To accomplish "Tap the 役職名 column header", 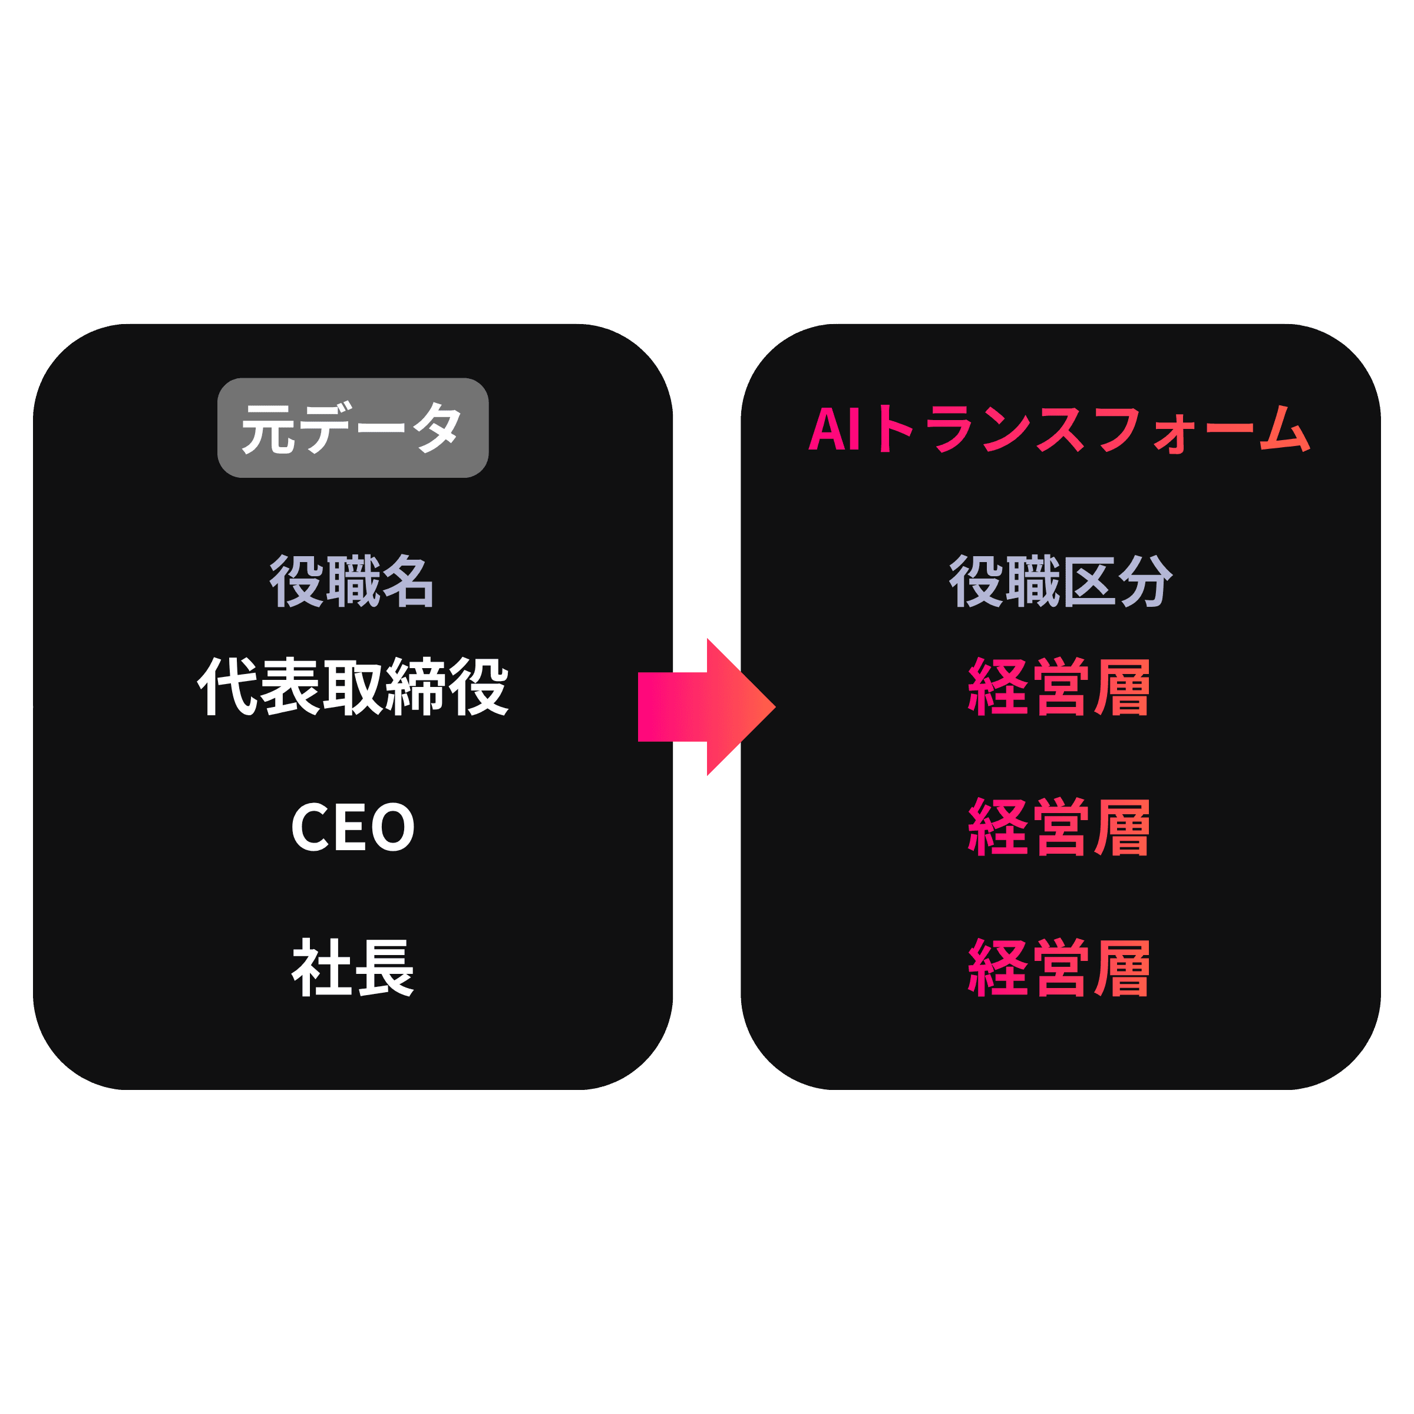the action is [x=352, y=580].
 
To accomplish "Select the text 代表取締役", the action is [x=352, y=686].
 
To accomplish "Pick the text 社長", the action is [x=353, y=967].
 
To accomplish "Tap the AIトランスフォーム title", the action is [x=1059, y=428].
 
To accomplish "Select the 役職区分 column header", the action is [x=1060, y=580].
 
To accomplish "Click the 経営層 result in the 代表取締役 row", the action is [x=1059, y=686].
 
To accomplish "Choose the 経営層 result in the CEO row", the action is [x=1059, y=827].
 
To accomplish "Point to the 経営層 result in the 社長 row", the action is [x=1059, y=967].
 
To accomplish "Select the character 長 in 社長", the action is [x=384, y=967].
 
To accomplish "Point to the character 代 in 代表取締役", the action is [x=227, y=686].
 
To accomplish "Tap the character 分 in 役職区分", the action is [x=1145, y=580].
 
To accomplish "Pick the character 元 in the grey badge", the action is [x=269, y=429].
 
